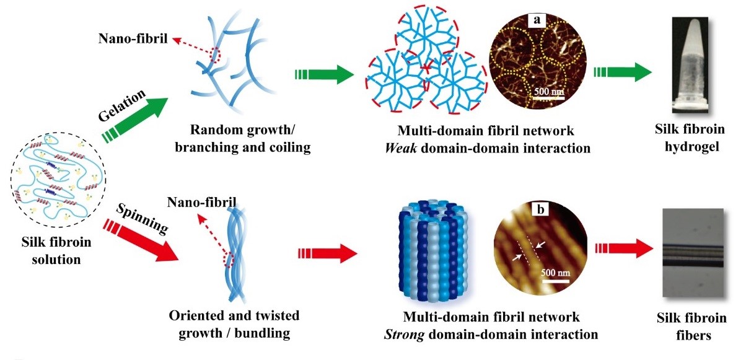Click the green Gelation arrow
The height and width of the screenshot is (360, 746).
(139, 118)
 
